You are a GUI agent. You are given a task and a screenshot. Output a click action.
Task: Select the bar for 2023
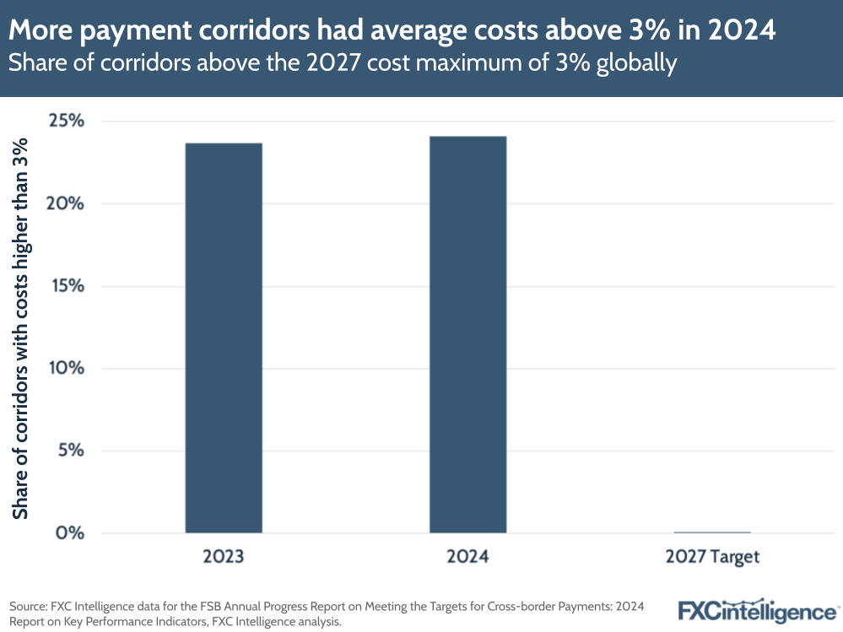224,338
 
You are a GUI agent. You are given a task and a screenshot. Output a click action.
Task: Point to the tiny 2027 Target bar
712,532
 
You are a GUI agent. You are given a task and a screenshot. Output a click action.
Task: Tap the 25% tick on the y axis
65,121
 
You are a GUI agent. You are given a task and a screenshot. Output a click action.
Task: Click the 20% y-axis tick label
65,203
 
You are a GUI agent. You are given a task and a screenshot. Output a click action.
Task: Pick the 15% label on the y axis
66,286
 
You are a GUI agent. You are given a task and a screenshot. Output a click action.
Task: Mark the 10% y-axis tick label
65,368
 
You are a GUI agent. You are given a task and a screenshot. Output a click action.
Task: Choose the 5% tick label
69,451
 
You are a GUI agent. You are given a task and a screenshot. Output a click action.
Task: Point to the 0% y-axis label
69,532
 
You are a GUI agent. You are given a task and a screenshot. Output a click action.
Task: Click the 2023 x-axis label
224,557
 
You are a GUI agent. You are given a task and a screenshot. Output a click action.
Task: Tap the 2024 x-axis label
467,557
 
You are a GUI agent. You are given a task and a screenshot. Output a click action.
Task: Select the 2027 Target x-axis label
712,557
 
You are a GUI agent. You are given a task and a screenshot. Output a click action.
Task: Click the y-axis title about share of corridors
20,327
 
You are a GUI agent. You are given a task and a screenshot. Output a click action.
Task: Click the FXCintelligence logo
758,610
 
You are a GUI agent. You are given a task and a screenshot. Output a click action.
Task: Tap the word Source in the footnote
27,607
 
